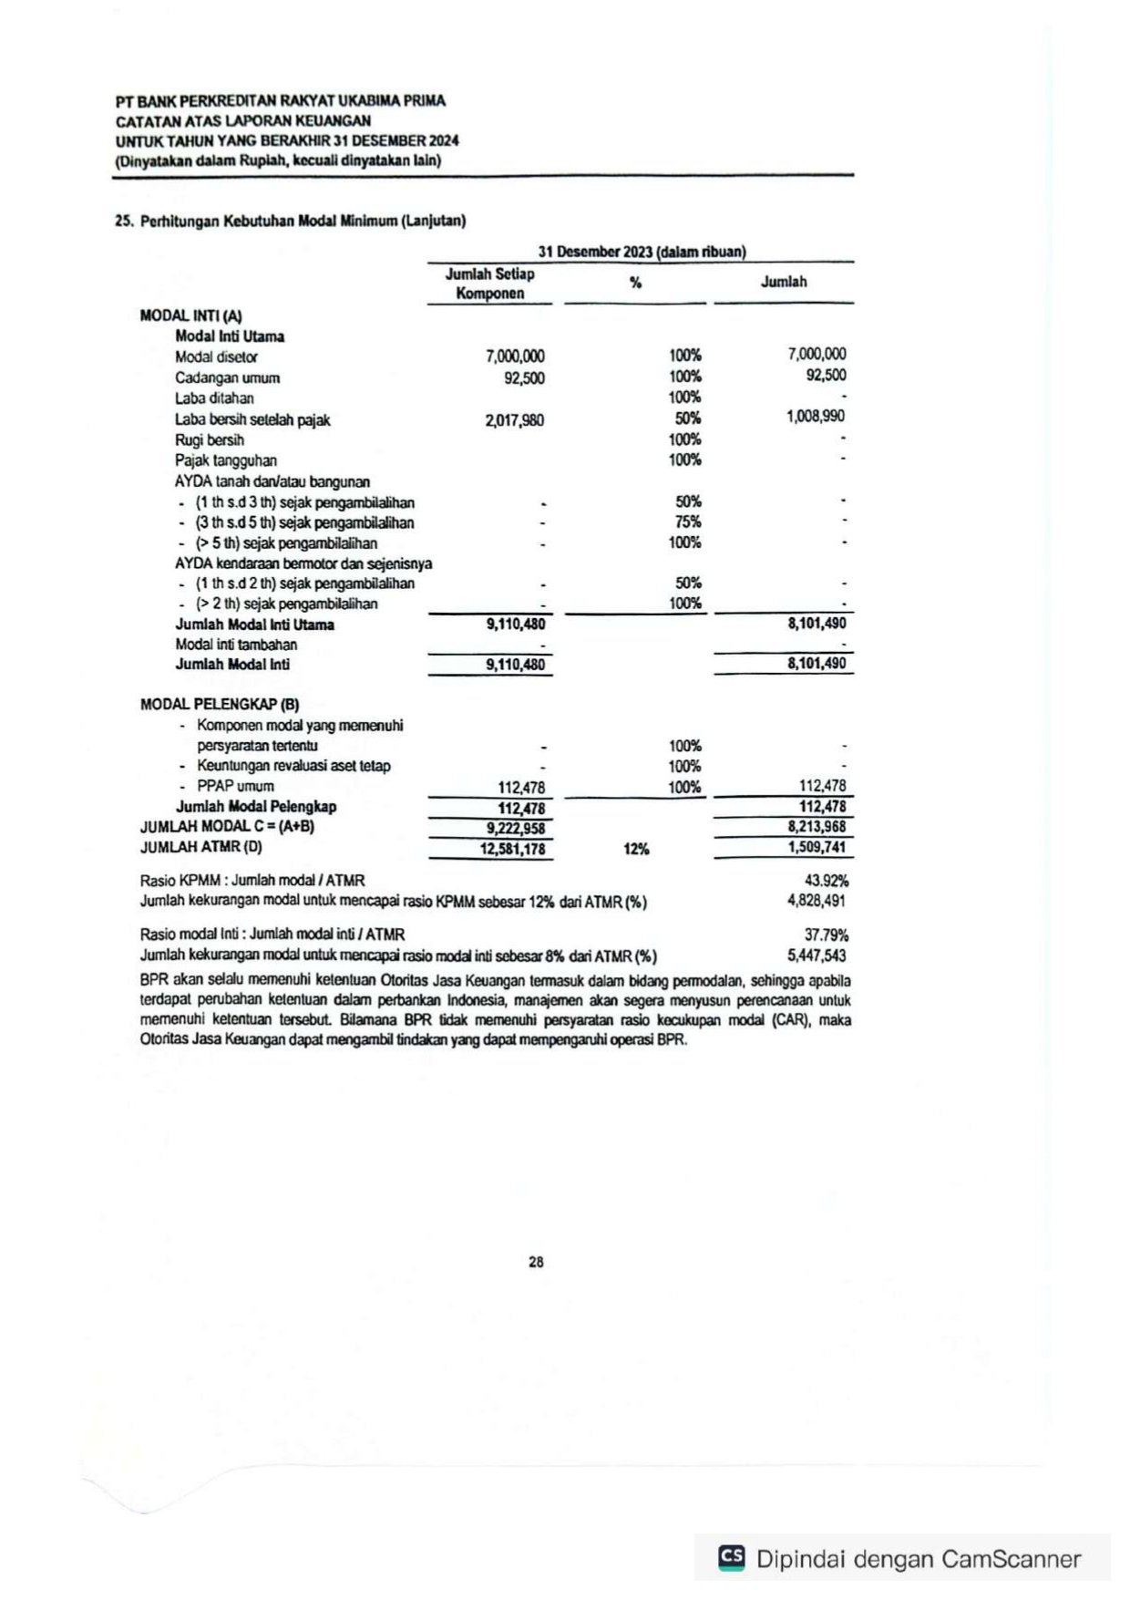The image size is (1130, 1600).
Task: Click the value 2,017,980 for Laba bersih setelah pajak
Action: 515,420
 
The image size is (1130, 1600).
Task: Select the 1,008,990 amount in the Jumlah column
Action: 816,417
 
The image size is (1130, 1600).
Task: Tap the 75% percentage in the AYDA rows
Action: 688,522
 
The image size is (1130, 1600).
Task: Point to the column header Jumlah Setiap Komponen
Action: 490,284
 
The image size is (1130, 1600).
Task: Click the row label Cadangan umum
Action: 227,378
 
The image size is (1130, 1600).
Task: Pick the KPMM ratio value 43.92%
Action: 826,881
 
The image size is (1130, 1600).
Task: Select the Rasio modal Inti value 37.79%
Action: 826,935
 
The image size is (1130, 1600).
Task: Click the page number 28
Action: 536,1262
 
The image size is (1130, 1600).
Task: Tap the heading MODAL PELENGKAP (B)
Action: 220,705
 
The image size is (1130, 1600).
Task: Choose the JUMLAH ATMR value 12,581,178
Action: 512,850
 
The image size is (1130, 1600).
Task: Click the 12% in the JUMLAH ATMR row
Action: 636,850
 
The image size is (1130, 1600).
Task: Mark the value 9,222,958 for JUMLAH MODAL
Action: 515,829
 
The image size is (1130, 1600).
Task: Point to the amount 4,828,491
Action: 817,901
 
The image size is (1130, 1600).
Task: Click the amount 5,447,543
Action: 817,955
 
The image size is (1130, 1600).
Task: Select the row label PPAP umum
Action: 235,786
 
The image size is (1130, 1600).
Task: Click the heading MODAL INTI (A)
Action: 191,315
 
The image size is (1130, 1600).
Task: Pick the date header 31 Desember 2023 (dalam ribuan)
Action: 642,252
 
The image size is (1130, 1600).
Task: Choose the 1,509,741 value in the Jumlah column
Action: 817,847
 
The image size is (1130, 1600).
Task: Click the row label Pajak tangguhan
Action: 226,460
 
